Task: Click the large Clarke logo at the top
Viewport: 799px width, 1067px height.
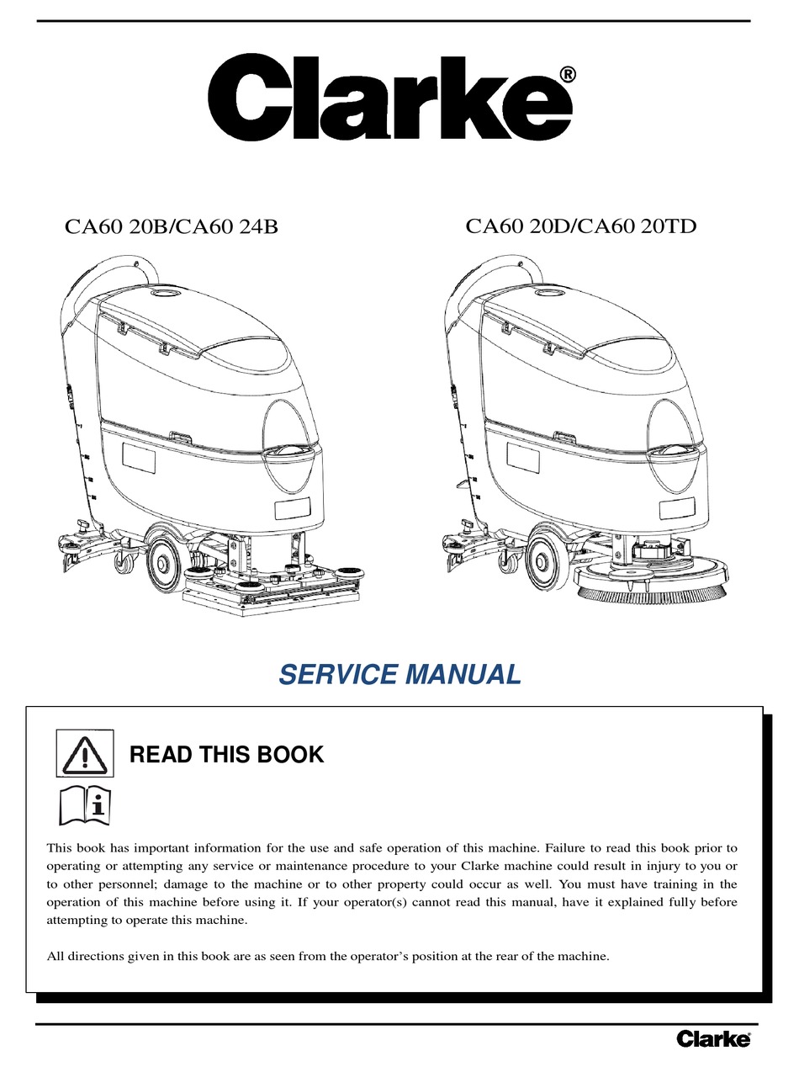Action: point(390,98)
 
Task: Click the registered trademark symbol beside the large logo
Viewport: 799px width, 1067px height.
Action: point(568,75)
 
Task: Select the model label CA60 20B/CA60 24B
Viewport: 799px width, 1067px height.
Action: point(172,226)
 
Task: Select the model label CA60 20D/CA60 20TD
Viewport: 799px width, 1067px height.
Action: point(581,226)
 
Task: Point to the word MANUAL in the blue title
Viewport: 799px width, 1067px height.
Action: point(463,675)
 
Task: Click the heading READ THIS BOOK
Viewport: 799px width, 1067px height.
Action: point(226,755)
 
